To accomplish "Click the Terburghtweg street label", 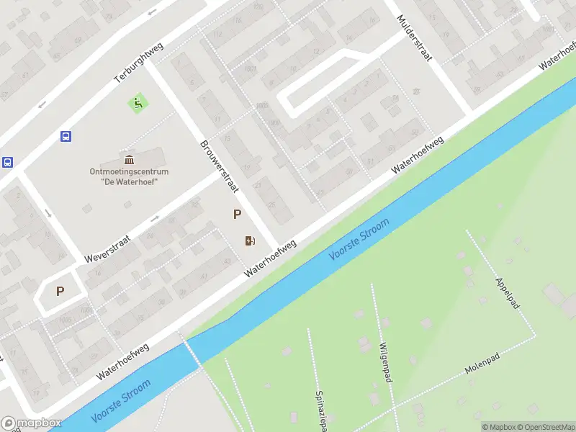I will click(139, 63).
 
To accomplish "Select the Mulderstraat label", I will click(414, 40).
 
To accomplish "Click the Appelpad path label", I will click(508, 294).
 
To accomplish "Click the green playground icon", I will click(136, 103).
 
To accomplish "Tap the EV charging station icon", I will click(250, 240).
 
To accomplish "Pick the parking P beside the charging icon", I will click(236, 214).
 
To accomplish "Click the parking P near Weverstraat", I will click(60, 292).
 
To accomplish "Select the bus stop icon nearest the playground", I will click(66, 135).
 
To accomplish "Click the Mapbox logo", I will click(31, 423).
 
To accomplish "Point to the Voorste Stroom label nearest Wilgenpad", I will click(359, 240).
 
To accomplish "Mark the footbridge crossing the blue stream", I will click(192, 353).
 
